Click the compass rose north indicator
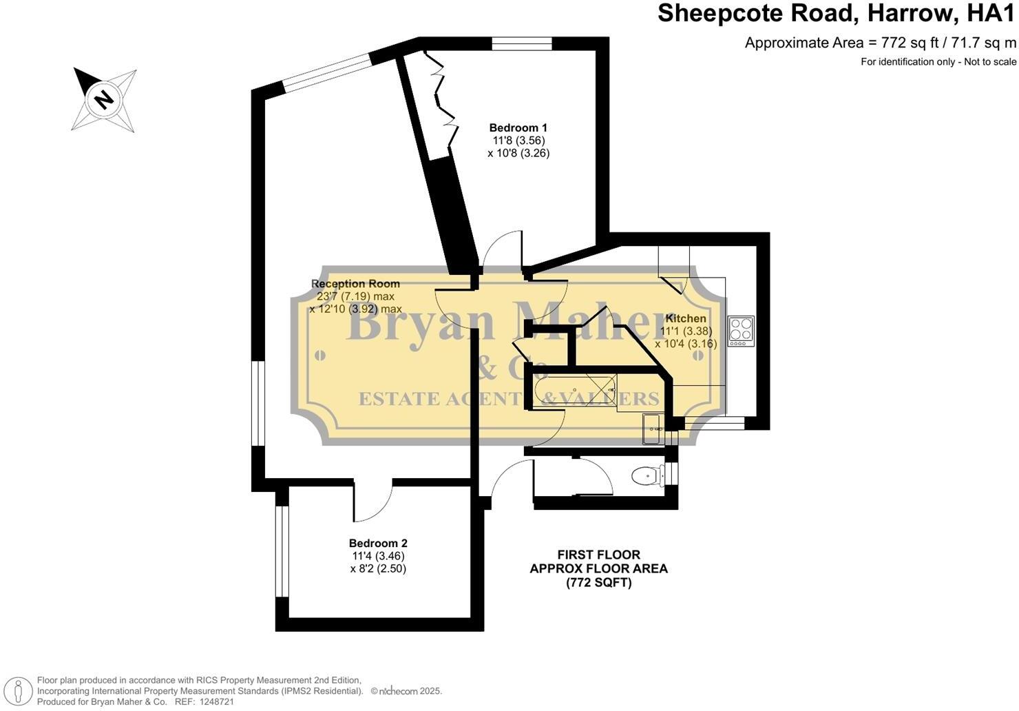click(x=103, y=99)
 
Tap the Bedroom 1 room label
click(x=518, y=127)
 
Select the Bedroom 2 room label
click(x=378, y=543)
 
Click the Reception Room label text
click(x=355, y=284)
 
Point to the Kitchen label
click(x=686, y=318)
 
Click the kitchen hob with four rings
click(x=741, y=331)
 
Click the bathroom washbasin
click(x=653, y=429)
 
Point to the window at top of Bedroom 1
click(x=522, y=44)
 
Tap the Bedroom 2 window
click(x=282, y=551)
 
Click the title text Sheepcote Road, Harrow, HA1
click(x=837, y=14)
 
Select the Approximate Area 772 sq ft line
click(x=880, y=43)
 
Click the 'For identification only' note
click(x=938, y=62)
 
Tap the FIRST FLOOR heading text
click(x=598, y=555)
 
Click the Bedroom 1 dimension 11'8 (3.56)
click(x=517, y=141)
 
